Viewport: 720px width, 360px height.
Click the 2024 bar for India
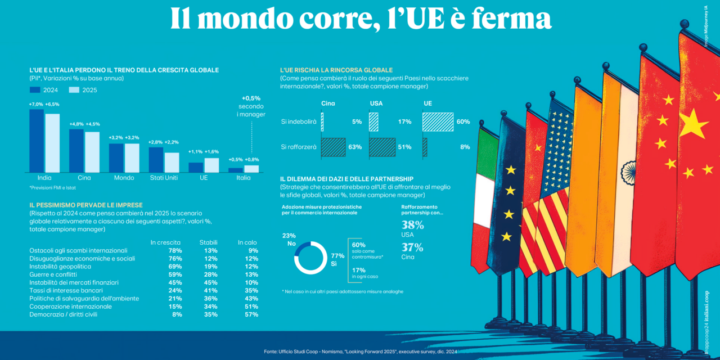(37, 141)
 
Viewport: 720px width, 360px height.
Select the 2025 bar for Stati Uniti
(172, 162)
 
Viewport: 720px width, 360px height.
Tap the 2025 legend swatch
(74, 90)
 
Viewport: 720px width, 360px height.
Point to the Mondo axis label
(124, 178)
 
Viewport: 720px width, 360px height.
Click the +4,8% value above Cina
(76, 124)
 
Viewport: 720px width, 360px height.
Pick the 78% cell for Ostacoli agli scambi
(175, 250)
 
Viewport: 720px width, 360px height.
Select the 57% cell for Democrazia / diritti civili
(251, 314)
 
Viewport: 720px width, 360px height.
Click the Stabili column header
(208, 242)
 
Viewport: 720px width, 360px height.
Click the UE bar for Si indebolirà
(438, 121)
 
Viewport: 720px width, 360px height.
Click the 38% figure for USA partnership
(412, 225)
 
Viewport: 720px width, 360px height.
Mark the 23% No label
(289, 240)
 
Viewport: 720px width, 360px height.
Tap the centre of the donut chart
(310, 258)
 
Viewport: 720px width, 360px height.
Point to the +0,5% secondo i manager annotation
(250, 106)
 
